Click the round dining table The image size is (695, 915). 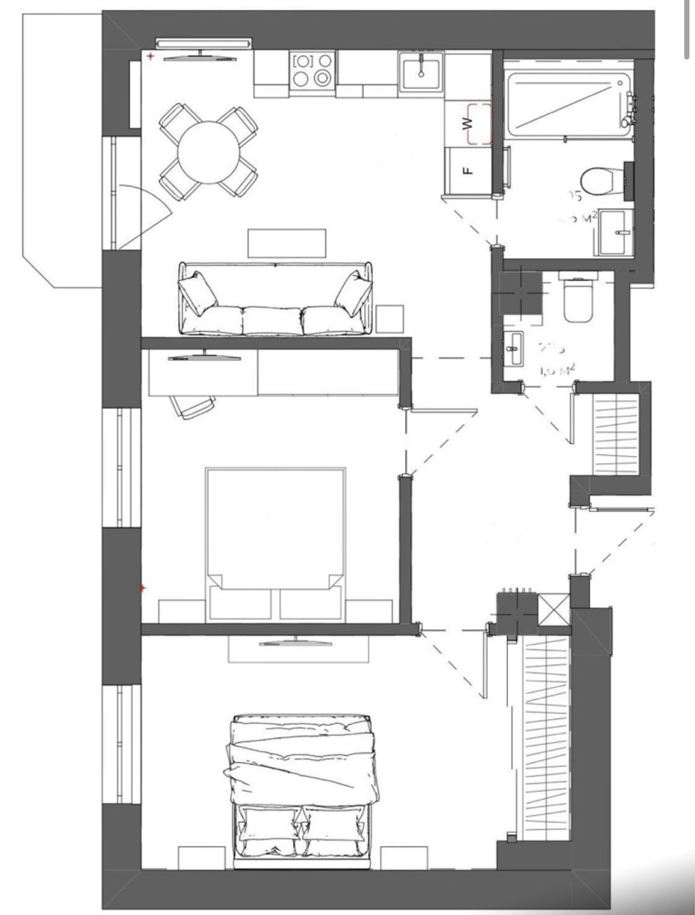(x=207, y=152)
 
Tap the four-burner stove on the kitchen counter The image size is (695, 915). (x=313, y=70)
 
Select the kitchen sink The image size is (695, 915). (x=421, y=71)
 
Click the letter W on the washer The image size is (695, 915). (x=469, y=122)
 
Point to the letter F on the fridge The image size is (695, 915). (x=466, y=171)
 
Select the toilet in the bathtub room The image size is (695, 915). (x=596, y=180)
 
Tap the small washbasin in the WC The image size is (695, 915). (x=514, y=350)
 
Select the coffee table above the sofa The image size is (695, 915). (x=286, y=242)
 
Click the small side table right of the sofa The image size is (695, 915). (x=390, y=319)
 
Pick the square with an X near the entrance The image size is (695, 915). (x=554, y=610)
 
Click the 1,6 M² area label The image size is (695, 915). (x=557, y=370)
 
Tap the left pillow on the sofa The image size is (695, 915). (x=198, y=293)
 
